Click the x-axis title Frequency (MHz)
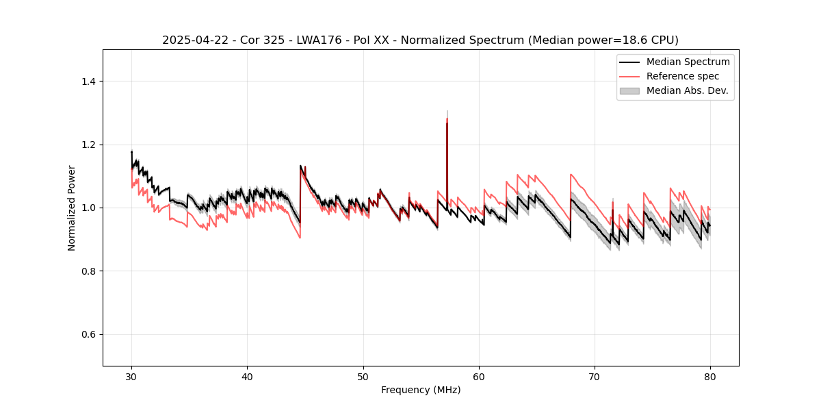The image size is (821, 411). [421, 390]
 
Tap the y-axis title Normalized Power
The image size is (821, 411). [72, 208]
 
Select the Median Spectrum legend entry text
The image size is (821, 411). [688, 62]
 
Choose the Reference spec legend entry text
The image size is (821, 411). [683, 76]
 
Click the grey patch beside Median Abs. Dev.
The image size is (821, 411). [629, 90]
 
